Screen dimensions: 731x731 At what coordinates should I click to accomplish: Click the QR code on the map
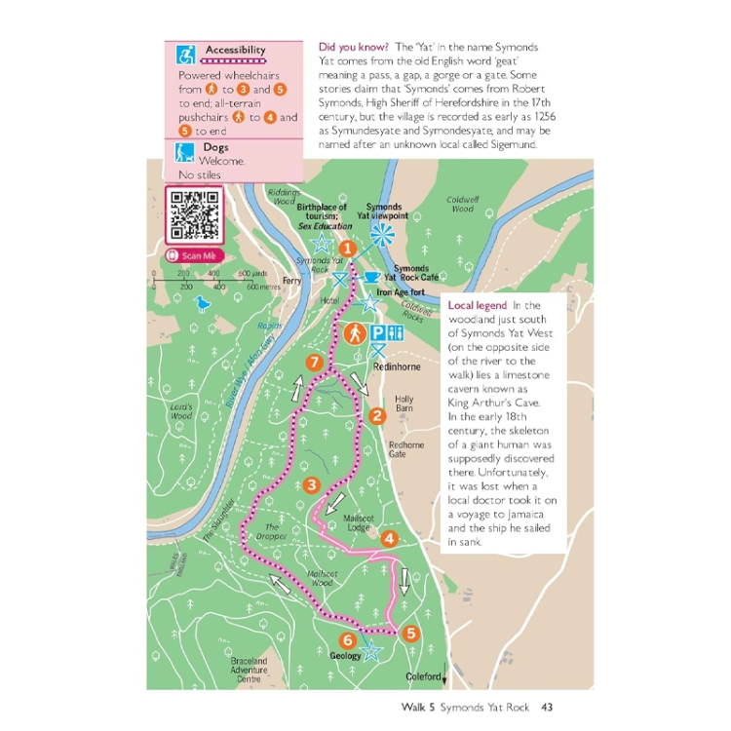[x=194, y=214]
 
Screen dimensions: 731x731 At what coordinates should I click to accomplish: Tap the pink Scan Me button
[x=195, y=256]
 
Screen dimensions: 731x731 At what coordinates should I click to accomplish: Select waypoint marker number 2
[x=377, y=417]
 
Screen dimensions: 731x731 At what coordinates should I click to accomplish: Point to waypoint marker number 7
[x=314, y=364]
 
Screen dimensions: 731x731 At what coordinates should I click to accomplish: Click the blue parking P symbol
[x=377, y=333]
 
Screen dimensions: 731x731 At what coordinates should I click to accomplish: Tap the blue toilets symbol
[x=395, y=333]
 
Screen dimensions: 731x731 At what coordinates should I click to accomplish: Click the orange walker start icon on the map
[x=352, y=333]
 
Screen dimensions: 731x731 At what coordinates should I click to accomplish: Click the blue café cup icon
[x=371, y=278]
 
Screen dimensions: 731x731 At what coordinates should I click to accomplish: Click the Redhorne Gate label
[x=406, y=449]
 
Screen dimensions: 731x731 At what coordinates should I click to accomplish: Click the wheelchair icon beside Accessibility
[x=185, y=53]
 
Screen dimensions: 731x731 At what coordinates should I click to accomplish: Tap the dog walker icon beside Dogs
[x=185, y=152]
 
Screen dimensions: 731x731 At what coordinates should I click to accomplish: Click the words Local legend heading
[x=477, y=305]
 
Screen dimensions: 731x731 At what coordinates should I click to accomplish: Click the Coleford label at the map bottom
[x=424, y=676]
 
